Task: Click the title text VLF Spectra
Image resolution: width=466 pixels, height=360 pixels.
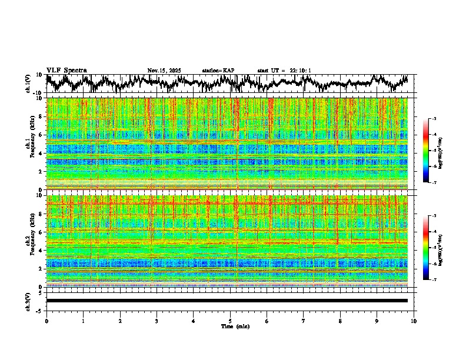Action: click(66, 71)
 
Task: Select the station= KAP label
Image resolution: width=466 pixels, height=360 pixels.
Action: click(218, 71)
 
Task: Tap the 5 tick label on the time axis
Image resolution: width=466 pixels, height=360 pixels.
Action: click(230, 321)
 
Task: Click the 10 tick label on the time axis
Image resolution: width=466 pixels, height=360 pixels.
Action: click(414, 321)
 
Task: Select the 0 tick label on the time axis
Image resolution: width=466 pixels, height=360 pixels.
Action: click(46, 321)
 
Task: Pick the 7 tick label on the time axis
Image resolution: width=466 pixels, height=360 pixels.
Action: click(304, 321)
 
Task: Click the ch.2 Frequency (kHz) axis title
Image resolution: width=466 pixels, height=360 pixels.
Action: click(30, 241)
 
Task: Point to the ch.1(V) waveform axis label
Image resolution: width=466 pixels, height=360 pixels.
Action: click(28, 84)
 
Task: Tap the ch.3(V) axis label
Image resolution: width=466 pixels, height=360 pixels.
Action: click(28, 301)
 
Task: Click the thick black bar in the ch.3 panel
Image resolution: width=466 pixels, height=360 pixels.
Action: click(227, 301)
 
